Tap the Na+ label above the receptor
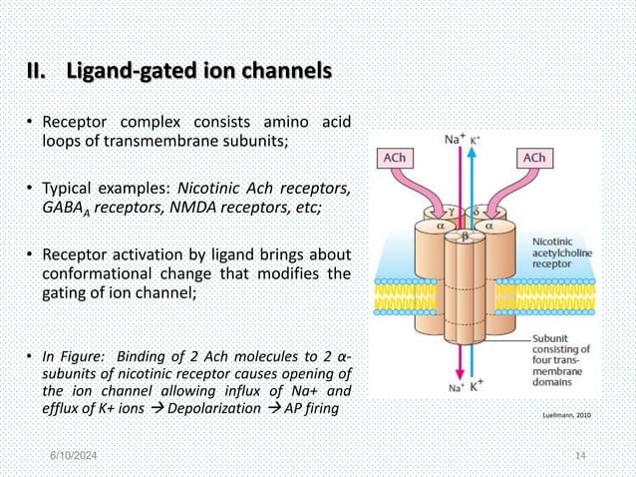451,141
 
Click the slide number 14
582,455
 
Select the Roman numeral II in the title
38,73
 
